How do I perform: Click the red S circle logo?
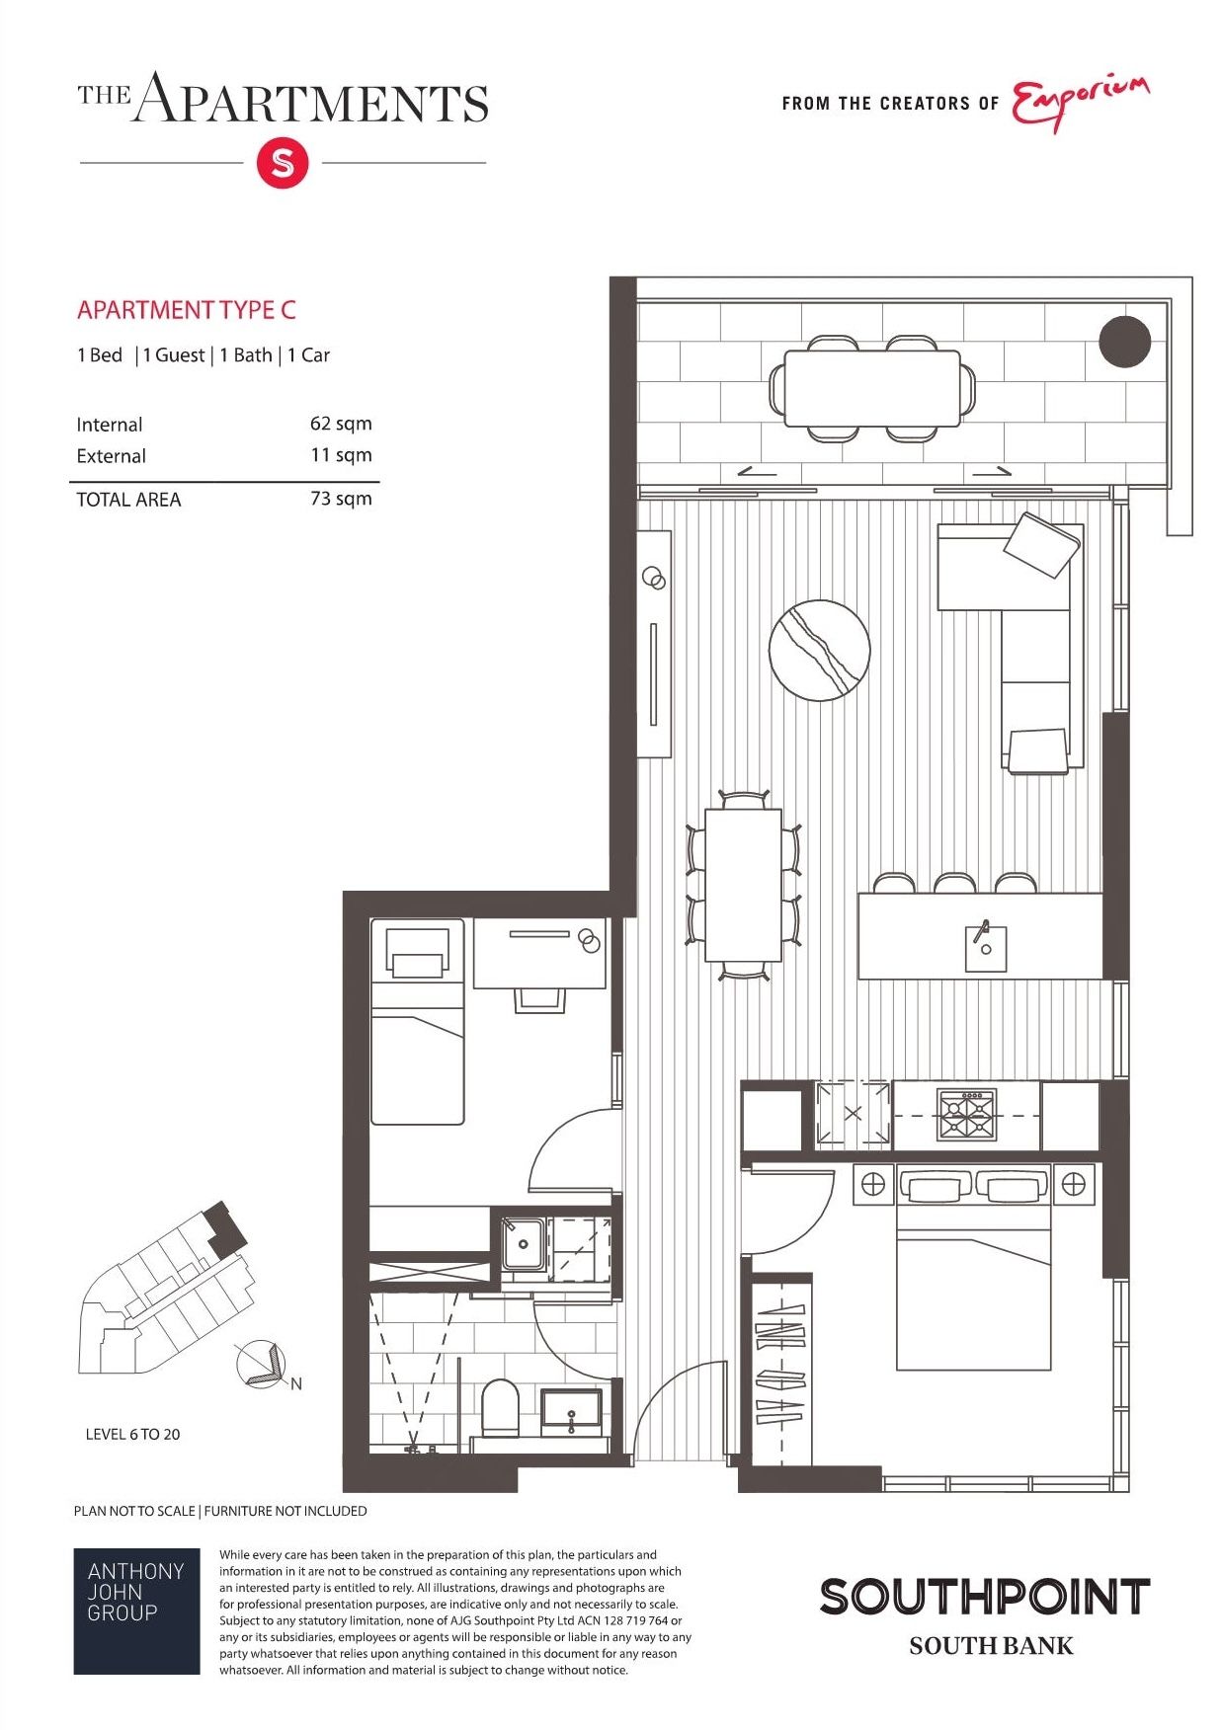tap(283, 163)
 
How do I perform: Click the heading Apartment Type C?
tap(187, 310)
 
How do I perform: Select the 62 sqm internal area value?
tap(341, 424)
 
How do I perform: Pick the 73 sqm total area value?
tap(341, 499)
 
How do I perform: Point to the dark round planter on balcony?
tap(1125, 342)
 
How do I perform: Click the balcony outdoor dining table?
tap(872, 388)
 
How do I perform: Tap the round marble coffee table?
tap(820, 650)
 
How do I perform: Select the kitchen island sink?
tap(985, 948)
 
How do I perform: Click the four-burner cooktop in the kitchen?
tap(966, 1115)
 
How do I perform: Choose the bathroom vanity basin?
tap(571, 1410)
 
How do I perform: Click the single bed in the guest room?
tap(417, 1022)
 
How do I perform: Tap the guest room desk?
tap(539, 953)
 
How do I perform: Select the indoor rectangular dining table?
tap(743, 885)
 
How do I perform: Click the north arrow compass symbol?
tap(263, 1366)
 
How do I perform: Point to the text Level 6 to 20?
tap(133, 1434)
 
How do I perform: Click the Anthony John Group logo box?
tap(136, 1611)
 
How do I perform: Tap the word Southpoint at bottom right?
tap(985, 1597)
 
